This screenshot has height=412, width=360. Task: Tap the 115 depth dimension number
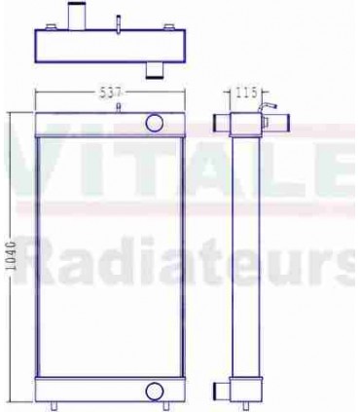coord(244,94)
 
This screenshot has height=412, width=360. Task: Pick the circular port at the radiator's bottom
coord(154,391)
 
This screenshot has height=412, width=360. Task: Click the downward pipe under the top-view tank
coord(153,68)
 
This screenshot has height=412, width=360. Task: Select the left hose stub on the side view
coord(221,122)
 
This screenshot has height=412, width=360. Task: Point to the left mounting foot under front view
coord(59,406)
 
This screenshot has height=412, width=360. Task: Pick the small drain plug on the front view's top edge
coord(118,107)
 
